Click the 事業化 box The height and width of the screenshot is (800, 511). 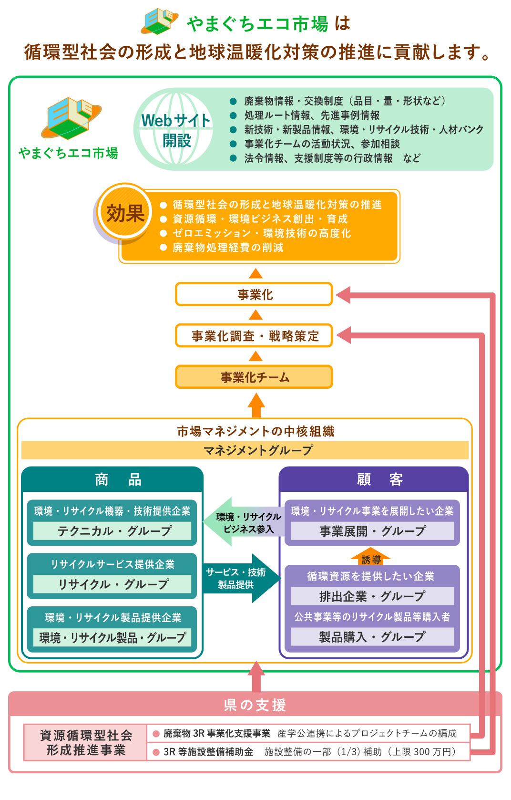click(254, 294)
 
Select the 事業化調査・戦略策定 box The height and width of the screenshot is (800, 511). click(254, 336)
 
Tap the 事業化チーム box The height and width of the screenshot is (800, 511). click(254, 377)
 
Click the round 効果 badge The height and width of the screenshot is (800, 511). click(125, 213)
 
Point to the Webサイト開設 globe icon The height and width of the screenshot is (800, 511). click(175, 129)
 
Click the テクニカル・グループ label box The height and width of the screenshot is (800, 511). click(112, 531)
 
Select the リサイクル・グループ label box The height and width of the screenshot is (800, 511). click(112, 584)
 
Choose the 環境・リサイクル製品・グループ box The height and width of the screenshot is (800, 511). click(112, 637)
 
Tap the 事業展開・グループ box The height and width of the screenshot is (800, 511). click(372, 531)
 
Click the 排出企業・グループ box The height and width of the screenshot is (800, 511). click(372, 596)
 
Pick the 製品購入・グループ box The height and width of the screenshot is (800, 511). click(372, 637)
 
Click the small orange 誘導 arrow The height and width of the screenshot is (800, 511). click(371, 557)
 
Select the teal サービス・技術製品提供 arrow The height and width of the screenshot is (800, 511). click(241, 578)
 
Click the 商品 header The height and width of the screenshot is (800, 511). click(112, 479)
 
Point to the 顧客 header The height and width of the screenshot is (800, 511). click(373, 479)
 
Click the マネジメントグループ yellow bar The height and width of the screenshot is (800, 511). click(245, 450)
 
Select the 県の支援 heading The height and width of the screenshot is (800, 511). click(255, 705)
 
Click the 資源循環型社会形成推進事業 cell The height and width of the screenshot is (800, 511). click(85, 742)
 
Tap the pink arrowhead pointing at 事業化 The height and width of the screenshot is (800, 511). click(344, 295)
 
